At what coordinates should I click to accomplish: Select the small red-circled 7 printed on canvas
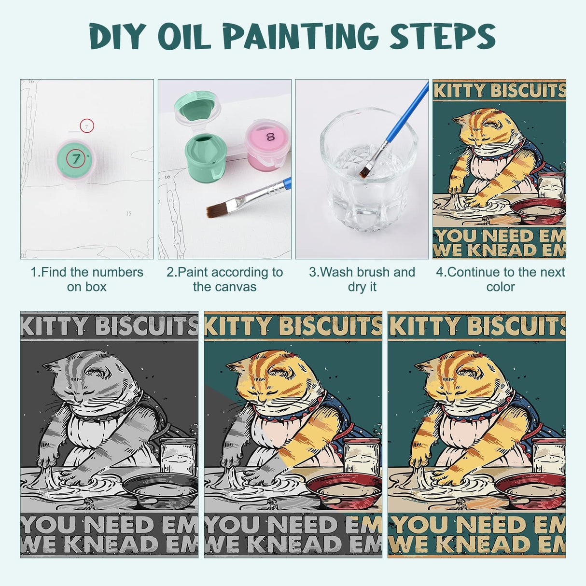pyautogui.click(x=86, y=126)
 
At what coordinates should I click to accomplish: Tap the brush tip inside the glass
pyautogui.click(x=365, y=171)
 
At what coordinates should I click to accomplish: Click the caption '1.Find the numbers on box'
pyautogui.click(x=87, y=279)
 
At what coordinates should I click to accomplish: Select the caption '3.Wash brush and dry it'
pyautogui.click(x=362, y=279)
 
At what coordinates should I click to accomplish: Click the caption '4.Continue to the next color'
pyautogui.click(x=501, y=279)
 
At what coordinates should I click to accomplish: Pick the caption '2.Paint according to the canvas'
pyautogui.click(x=224, y=279)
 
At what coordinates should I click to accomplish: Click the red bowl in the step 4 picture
pyautogui.click(x=537, y=209)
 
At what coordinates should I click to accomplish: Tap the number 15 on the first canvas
pyautogui.click(x=128, y=213)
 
